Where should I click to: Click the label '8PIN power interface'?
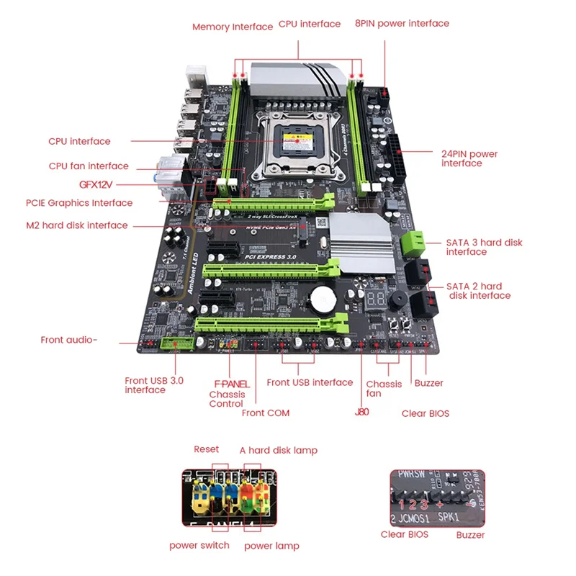coord(402,23)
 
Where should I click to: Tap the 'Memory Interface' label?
coord(232,27)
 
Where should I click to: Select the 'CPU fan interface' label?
coord(89,166)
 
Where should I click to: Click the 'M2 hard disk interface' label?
coord(77,225)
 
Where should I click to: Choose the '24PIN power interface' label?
coord(469,158)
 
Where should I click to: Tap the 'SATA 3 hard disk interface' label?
coord(484,247)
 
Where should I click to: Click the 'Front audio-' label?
coord(68,340)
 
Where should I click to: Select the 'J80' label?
coord(361,413)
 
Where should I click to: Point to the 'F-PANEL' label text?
coord(231,384)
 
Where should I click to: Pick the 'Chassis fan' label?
coord(384,389)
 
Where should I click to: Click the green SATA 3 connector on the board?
coord(412,241)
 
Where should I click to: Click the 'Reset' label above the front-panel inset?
coord(206,449)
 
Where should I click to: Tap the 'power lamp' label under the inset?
coord(271,546)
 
